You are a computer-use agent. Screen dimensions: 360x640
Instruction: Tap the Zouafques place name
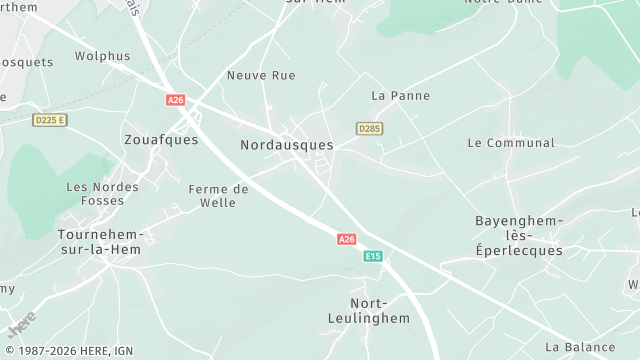click(x=161, y=140)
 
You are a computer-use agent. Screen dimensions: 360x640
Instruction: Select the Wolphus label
click(x=102, y=57)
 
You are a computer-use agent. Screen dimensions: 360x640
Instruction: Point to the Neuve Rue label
click(x=261, y=75)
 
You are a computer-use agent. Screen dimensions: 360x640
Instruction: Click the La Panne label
click(x=400, y=96)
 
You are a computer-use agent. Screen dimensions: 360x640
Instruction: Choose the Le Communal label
click(x=510, y=143)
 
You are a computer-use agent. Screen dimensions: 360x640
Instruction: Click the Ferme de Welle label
click(x=219, y=196)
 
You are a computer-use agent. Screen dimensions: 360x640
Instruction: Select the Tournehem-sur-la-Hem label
click(x=101, y=242)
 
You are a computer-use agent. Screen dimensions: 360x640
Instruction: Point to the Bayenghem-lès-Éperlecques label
click(x=519, y=235)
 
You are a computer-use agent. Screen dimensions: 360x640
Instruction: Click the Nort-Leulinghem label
click(x=369, y=310)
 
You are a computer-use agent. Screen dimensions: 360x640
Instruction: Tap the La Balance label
click(x=580, y=347)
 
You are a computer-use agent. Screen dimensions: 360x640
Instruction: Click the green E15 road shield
click(x=372, y=257)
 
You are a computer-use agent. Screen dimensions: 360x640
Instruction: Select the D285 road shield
click(x=369, y=129)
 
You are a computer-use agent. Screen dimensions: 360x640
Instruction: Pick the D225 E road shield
click(x=49, y=120)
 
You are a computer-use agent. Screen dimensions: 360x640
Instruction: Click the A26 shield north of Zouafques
click(x=176, y=100)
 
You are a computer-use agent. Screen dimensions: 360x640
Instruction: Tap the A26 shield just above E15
click(x=346, y=239)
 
